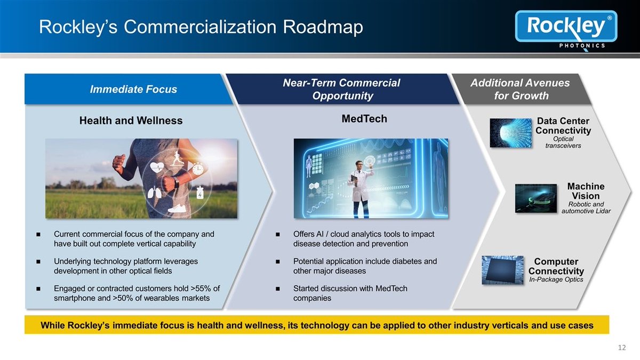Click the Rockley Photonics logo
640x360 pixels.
click(x=566, y=30)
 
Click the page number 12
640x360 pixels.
click(x=622, y=347)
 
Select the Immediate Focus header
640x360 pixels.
click(x=133, y=89)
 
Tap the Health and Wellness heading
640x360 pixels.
click(x=131, y=121)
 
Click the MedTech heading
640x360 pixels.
click(x=364, y=118)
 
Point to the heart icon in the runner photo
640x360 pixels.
click(x=157, y=167)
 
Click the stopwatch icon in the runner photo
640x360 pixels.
click(x=197, y=169)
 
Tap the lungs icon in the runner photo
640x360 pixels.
click(x=154, y=192)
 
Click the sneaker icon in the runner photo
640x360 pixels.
click(x=177, y=209)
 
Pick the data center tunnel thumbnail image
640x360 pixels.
click(x=510, y=133)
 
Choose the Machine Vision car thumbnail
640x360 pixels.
click(x=535, y=198)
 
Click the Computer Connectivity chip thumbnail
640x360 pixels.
click(x=502, y=270)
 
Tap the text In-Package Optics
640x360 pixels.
click(x=556, y=279)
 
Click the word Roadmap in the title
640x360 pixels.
click(x=323, y=27)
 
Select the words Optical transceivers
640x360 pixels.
click(x=563, y=142)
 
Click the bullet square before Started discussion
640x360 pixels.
click(x=278, y=289)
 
